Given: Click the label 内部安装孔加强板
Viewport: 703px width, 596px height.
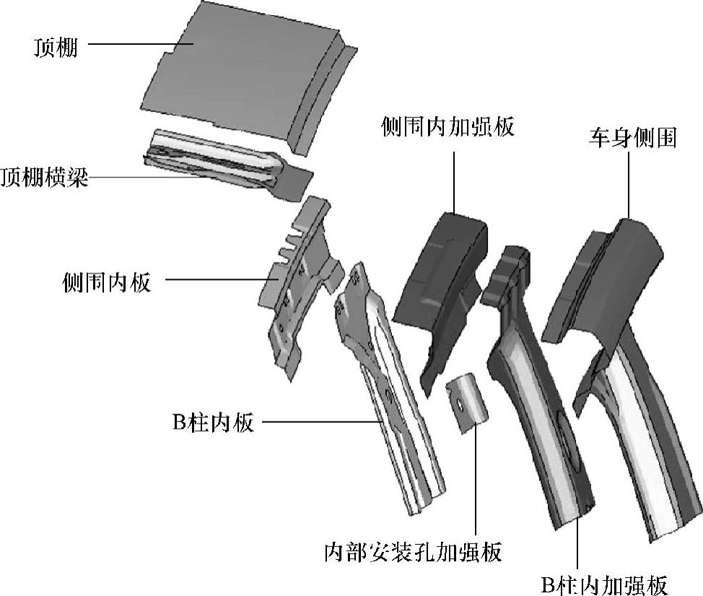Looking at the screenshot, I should tap(414, 553).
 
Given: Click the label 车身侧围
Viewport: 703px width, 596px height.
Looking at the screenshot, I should tap(630, 137).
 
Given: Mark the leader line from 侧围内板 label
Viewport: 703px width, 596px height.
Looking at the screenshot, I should tap(217, 280).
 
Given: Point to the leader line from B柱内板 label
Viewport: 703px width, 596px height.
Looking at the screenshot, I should tap(318, 421).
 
